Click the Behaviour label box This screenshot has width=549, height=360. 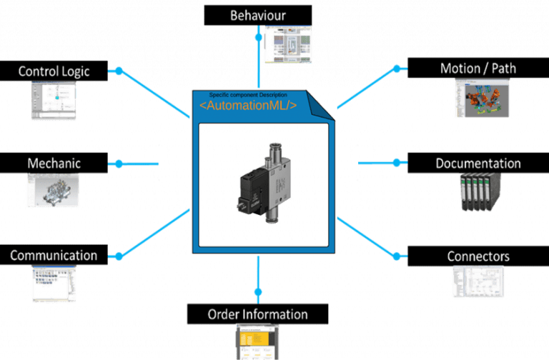tap(258, 15)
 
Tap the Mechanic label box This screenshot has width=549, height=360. tap(54, 163)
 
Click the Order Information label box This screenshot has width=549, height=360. tap(257, 314)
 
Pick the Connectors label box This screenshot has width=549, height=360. tap(478, 256)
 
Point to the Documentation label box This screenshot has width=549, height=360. tap(478, 163)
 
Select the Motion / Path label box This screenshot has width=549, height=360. tap(478, 69)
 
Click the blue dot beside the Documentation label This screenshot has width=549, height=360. tap(398, 163)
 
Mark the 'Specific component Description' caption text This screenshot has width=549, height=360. tap(247, 95)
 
